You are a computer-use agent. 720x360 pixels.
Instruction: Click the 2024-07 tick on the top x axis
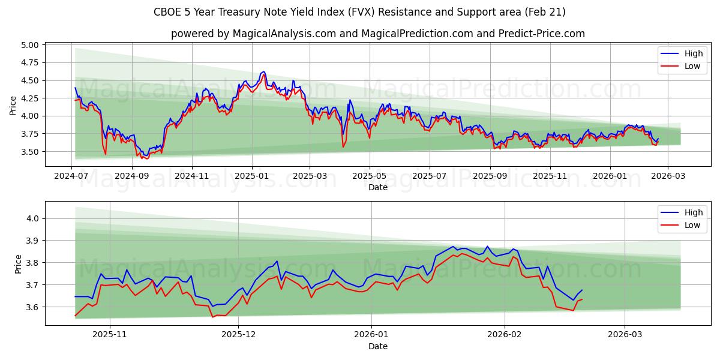tap(72, 176)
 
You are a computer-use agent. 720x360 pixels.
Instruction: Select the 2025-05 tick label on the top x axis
tap(370, 176)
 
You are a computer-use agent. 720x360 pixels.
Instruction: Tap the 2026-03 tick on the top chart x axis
tap(668, 176)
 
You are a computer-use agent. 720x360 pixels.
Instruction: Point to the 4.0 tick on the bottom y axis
tap(32, 219)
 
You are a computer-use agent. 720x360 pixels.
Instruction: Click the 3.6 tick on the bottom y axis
tap(32, 307)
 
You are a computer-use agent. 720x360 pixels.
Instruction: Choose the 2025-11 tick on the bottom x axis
tap(111, 335)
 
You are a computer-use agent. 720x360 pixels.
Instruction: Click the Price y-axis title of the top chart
tap(13, 105)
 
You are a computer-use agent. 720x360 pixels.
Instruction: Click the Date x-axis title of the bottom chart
tap(378, 346)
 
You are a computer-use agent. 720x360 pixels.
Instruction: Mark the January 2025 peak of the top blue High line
tap(263, 71)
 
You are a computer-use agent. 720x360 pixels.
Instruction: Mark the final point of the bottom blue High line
tap(581, 290)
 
